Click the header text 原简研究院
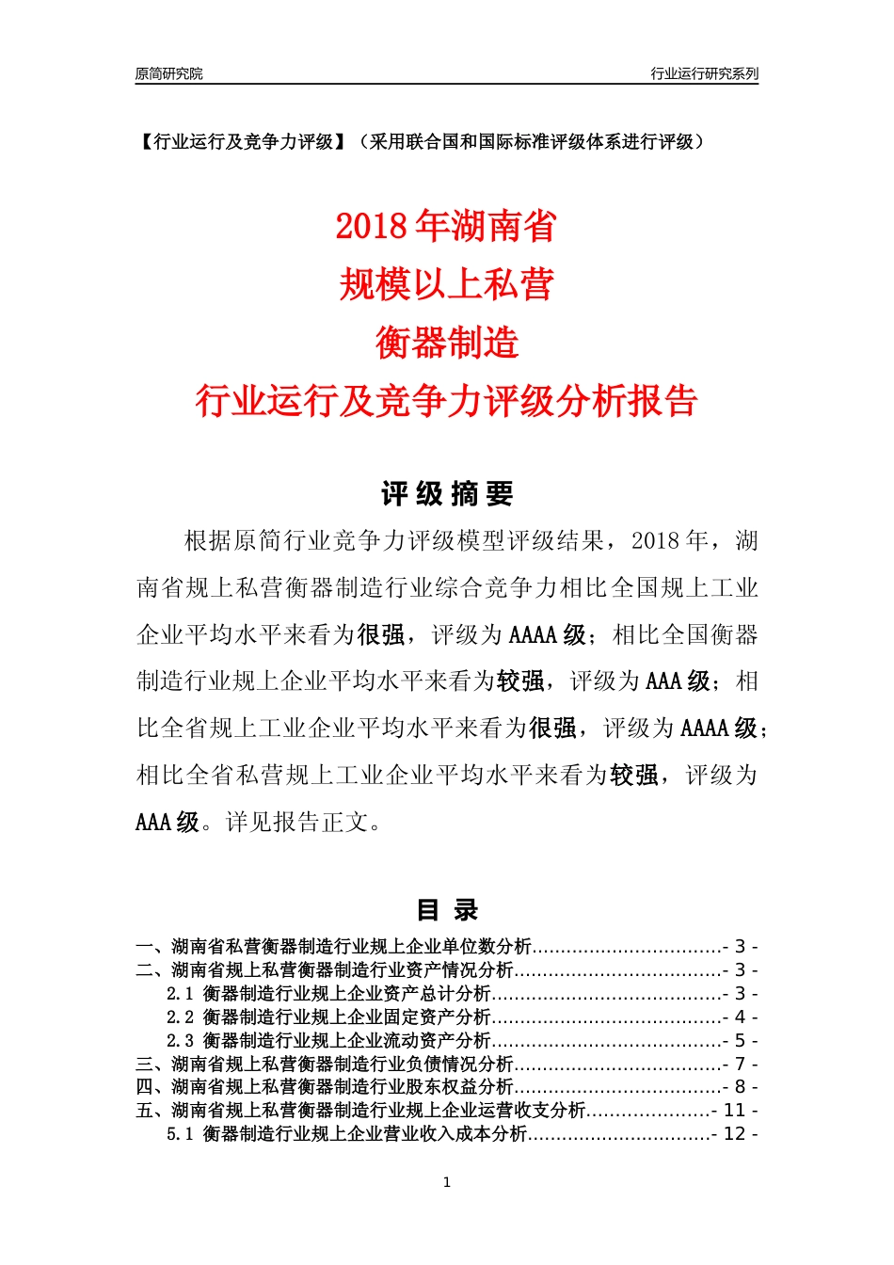click(x=168, y=73)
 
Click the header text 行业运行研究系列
click(x=704, y=73)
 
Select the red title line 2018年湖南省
click(x=446, y=227)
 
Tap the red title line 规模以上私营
click(x=446, y=284)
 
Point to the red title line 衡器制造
click(x=446, y=343)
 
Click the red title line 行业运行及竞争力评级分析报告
click(x=446, y=401)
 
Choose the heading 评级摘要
click(x=447, y=494)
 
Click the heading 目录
click(x=447, y=910)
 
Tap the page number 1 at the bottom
click(x=447, y=1182)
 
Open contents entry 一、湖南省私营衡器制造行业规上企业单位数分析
click(x=334, y=947)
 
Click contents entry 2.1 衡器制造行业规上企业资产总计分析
click(x=328, y=994)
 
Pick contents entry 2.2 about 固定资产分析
click(x=328, y=1017)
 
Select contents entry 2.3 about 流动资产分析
click(x=328, y=1041)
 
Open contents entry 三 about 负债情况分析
click(x=325, y=1065)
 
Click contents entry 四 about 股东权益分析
click(x=325, y=1087)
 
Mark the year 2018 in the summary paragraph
click(x=657, y=541)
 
